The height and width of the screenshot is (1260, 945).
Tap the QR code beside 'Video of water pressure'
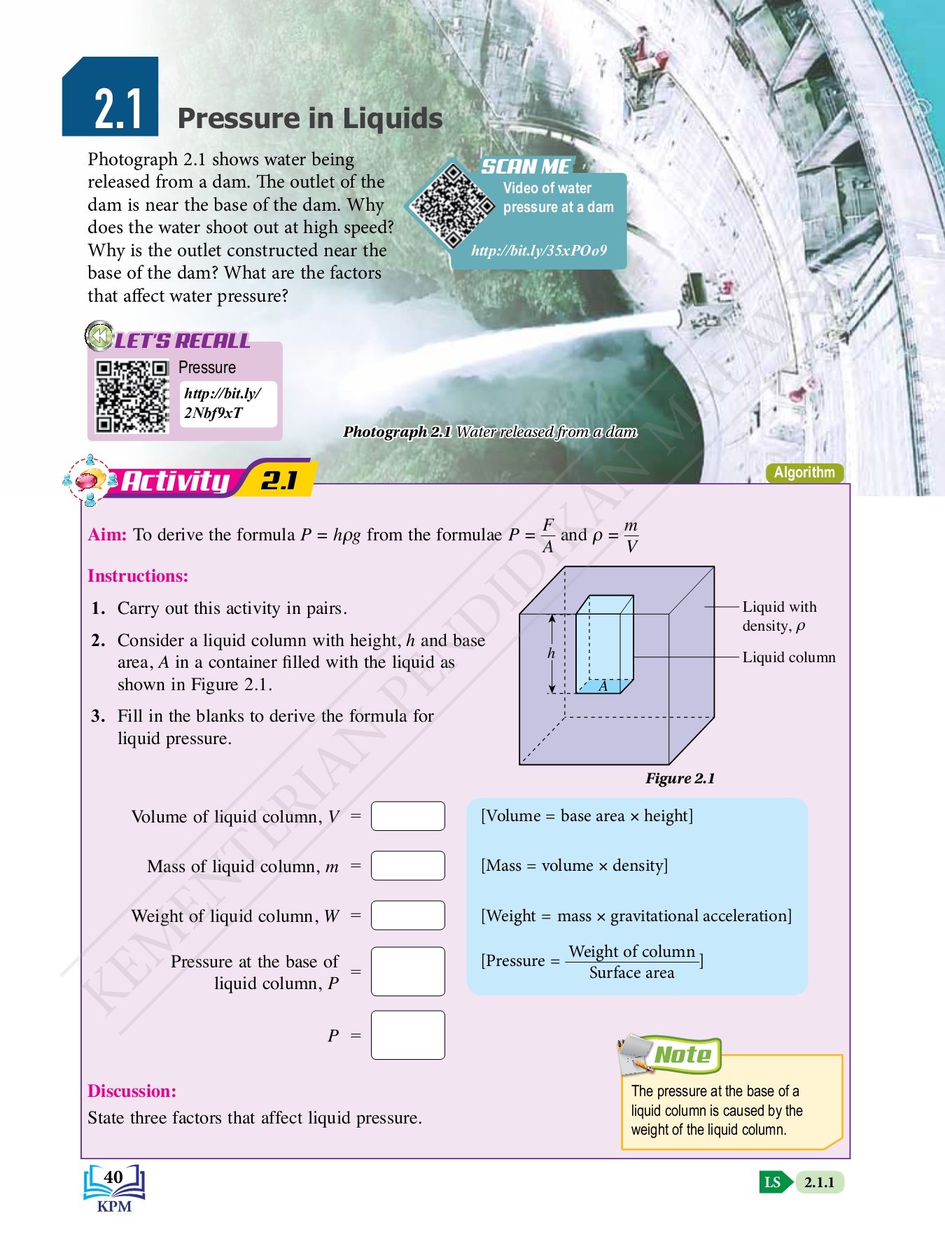tap(452, 205)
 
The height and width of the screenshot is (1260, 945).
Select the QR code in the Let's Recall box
tap(132, 396)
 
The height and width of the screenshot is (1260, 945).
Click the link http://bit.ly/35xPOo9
tap(538, 251)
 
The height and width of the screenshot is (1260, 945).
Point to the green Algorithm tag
tap(804, 472)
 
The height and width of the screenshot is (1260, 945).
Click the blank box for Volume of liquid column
tap(407, 816)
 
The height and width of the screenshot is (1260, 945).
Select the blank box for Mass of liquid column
tap(407, 866)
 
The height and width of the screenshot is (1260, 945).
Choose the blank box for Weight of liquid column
tap(407, 916)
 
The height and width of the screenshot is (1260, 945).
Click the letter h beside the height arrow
tap(551, 653)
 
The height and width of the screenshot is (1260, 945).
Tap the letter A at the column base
tap(603, 686)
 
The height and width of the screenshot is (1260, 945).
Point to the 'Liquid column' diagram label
tap(789, 657)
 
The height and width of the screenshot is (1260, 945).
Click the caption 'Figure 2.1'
tap(680, 778)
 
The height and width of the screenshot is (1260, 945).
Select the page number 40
tap(113, 1177)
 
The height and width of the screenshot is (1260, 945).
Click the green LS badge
tap(773, 1182)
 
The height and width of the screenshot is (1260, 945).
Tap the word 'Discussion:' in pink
tap(132, 1091)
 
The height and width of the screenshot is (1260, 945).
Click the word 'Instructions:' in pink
tap(138, 576)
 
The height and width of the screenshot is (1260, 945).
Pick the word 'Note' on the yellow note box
tap(682, 1055)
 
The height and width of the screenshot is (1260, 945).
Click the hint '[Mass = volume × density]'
tap(574, 866)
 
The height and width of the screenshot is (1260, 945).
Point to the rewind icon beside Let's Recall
tap(99, 336)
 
